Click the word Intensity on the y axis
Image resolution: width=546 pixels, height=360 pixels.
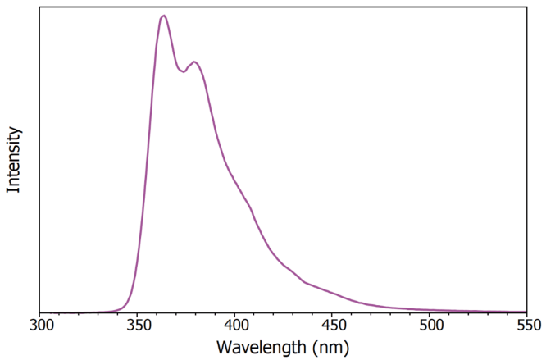point(13,159)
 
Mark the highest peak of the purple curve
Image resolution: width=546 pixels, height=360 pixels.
point(164,16)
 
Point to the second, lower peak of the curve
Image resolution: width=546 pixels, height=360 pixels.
point(194,62)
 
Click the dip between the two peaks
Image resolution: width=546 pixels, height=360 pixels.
point(183,72)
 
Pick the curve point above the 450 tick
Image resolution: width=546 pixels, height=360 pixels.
point(332,292)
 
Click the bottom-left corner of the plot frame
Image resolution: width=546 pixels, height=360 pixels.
point(41,312)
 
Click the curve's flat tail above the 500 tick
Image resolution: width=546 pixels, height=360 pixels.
point(430,310)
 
